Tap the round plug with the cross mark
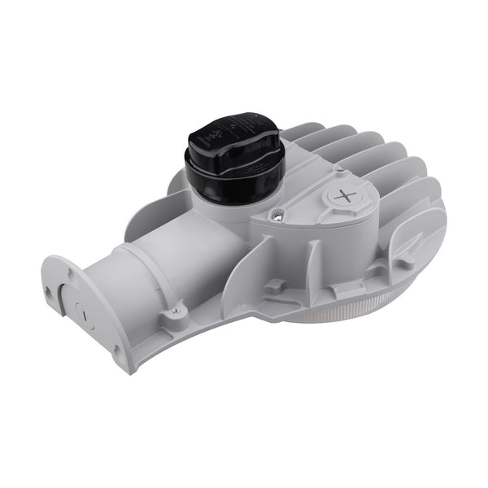346,196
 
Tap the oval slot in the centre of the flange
78,308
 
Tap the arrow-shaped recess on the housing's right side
407,244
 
